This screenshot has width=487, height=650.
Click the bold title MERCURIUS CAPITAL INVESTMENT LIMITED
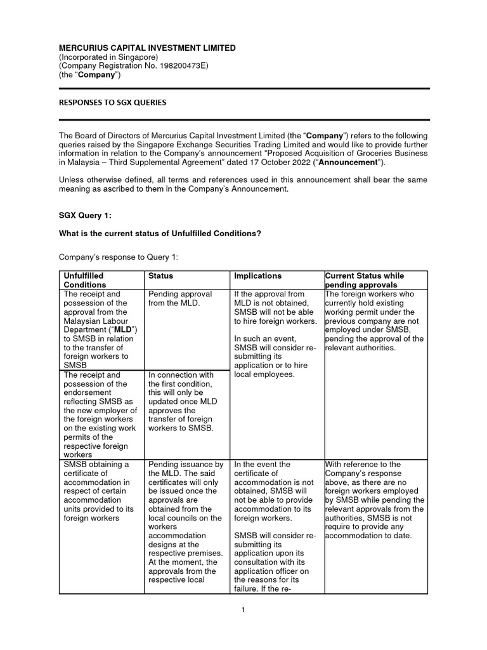coord(147,48)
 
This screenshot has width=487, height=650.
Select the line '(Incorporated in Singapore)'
coord(108,57)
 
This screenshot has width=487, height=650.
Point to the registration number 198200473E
coord(182,66)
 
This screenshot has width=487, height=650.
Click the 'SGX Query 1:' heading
coord(85,216)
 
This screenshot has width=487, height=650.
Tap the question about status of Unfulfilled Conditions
coord(160,233)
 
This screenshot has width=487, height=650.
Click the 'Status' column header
coord(160,276)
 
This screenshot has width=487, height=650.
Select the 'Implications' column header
coord(258,276)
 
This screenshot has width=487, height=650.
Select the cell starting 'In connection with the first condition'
coord(179,402)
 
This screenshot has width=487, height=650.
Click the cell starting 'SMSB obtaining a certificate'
coord(94,491)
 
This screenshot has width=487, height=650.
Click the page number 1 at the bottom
coord(243,611)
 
